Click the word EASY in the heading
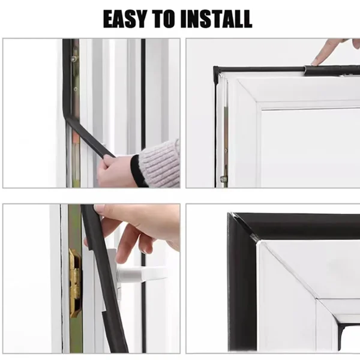(x=125, y=19)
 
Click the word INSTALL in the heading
(x=217, y=19)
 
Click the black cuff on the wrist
(x=137, y=170)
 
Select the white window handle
(x=140, y=274)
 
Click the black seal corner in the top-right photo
(x=216, y=69)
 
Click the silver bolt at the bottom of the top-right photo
(x=223, y=179)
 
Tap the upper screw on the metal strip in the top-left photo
(x=74, y=59)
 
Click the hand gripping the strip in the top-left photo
(x=115, y=170)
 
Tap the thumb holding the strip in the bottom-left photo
(x=102, y=210)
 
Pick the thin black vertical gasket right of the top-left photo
(x=143, y=94)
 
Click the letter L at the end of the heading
(x=246, y=19)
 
